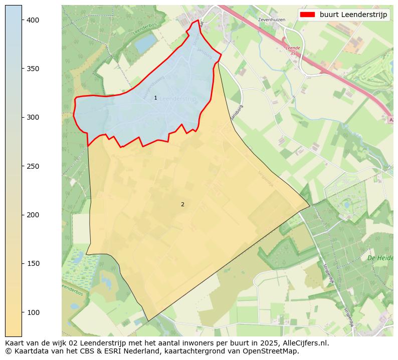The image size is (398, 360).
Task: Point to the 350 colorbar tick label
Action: pos(34,69)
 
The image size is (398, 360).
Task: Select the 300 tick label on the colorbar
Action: pos(34,117)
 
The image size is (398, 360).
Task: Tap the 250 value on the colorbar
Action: pos(34,166)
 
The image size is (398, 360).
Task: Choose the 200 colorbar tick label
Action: pos(34,215)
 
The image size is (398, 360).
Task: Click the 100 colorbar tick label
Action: pos(34,312)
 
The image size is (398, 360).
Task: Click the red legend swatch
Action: pos(308,15)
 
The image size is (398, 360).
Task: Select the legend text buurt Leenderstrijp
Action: pos(353,15)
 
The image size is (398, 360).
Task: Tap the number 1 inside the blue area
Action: pos(155,98)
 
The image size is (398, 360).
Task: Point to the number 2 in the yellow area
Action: pos(182,204)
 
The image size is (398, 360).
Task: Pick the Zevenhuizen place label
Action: pos(271,20)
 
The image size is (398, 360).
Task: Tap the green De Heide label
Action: pos(380,258)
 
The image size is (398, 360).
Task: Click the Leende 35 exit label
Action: pos(293,50)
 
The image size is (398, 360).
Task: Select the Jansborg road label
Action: pos(237,112)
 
